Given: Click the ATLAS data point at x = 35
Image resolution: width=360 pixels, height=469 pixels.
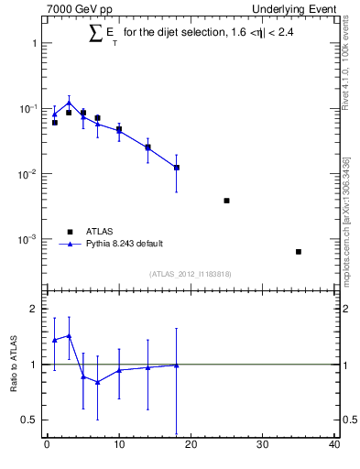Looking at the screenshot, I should click(x=299, y=251).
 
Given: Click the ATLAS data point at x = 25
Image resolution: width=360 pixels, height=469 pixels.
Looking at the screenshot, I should click(x=226, y=201).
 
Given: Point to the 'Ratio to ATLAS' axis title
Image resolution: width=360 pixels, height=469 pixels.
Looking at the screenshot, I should click(x=15, y=365).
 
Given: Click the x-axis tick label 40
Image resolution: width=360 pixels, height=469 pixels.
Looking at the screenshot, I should click(x=334, y=446).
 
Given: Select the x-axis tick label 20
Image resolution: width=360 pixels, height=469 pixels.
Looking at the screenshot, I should click(x=191, y=446).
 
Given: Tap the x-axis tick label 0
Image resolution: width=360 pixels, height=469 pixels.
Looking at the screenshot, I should click(x=47, y=446).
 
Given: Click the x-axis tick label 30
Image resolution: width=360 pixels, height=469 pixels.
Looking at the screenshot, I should click(x=263, y=446).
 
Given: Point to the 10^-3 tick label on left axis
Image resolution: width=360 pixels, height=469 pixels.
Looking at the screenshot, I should click(x=28, y=239).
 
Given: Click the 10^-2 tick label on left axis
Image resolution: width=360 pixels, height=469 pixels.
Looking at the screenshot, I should click(x=28, y=174).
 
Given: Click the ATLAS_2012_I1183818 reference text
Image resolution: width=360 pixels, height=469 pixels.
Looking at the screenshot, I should click(x=191, y=274).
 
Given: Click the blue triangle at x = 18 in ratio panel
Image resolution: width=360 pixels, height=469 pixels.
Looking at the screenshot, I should click(x=176, y=365).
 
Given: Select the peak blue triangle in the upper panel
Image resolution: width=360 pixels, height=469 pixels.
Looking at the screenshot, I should click(x=69, y=103).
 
